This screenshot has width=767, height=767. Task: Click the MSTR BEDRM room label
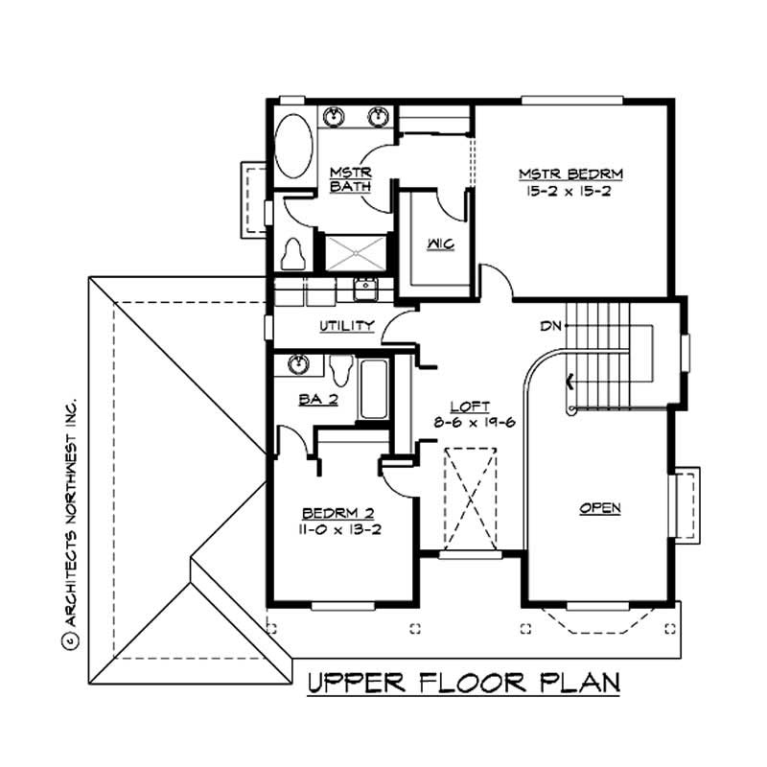571,174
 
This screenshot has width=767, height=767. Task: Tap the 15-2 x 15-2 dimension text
571,192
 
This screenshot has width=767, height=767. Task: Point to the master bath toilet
293,253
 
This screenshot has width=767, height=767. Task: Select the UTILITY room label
346,326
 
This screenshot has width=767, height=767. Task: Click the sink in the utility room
363,288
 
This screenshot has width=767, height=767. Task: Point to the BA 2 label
317,400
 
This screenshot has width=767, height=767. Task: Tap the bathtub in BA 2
374,388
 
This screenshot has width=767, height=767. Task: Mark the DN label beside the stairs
549,326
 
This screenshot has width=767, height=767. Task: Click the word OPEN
600,508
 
